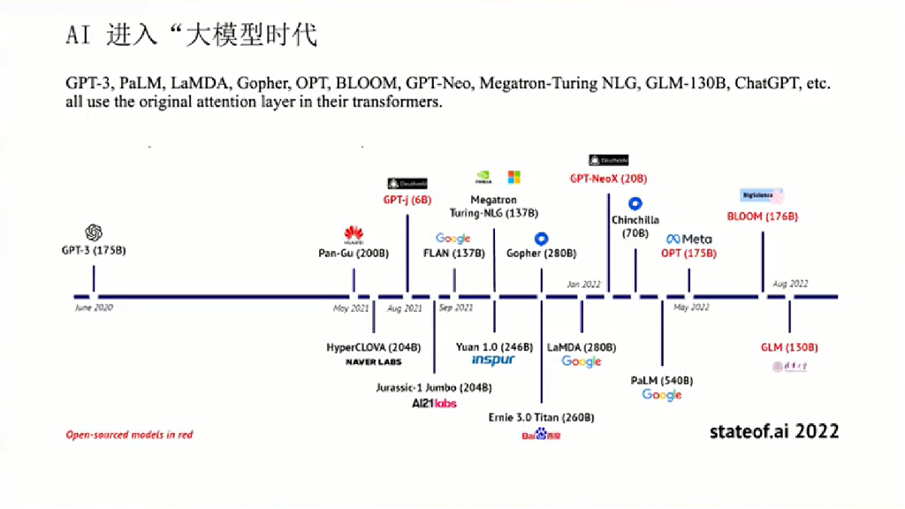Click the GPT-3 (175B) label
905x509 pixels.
click(x=94, y=251)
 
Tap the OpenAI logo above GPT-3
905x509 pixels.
click(x=94, y=232)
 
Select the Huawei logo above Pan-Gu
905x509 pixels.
click(x=354, y=235)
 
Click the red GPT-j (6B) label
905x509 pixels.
click(x=407, y=201)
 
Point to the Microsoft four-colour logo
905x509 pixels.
click(x=513, y=178)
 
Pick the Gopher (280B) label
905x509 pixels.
click(x=541, y=254)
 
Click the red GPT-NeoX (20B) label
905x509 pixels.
click(x=608, y=179)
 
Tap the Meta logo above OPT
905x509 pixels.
click(x=688, y=239)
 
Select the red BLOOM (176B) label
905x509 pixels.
click(x=762, y=217)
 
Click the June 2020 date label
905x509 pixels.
click(x=94, y=308)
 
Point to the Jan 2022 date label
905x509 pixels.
click(x=583, y=285)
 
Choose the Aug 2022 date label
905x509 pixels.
click(x=790, y=285)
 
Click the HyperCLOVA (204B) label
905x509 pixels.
click(x=373, y=347)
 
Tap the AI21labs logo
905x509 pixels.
click(x=434, y=404)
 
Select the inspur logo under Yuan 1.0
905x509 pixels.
click(x=493, y=361)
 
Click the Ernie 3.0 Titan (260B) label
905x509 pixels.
click(x=541, y=417)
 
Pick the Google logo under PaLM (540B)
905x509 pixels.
click(x=662, y=395)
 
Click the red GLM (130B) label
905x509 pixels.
click(x=789, y=347)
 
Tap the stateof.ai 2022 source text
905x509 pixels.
click(x=774, y=431)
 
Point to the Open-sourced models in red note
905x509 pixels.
click(x=129, y=435)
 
